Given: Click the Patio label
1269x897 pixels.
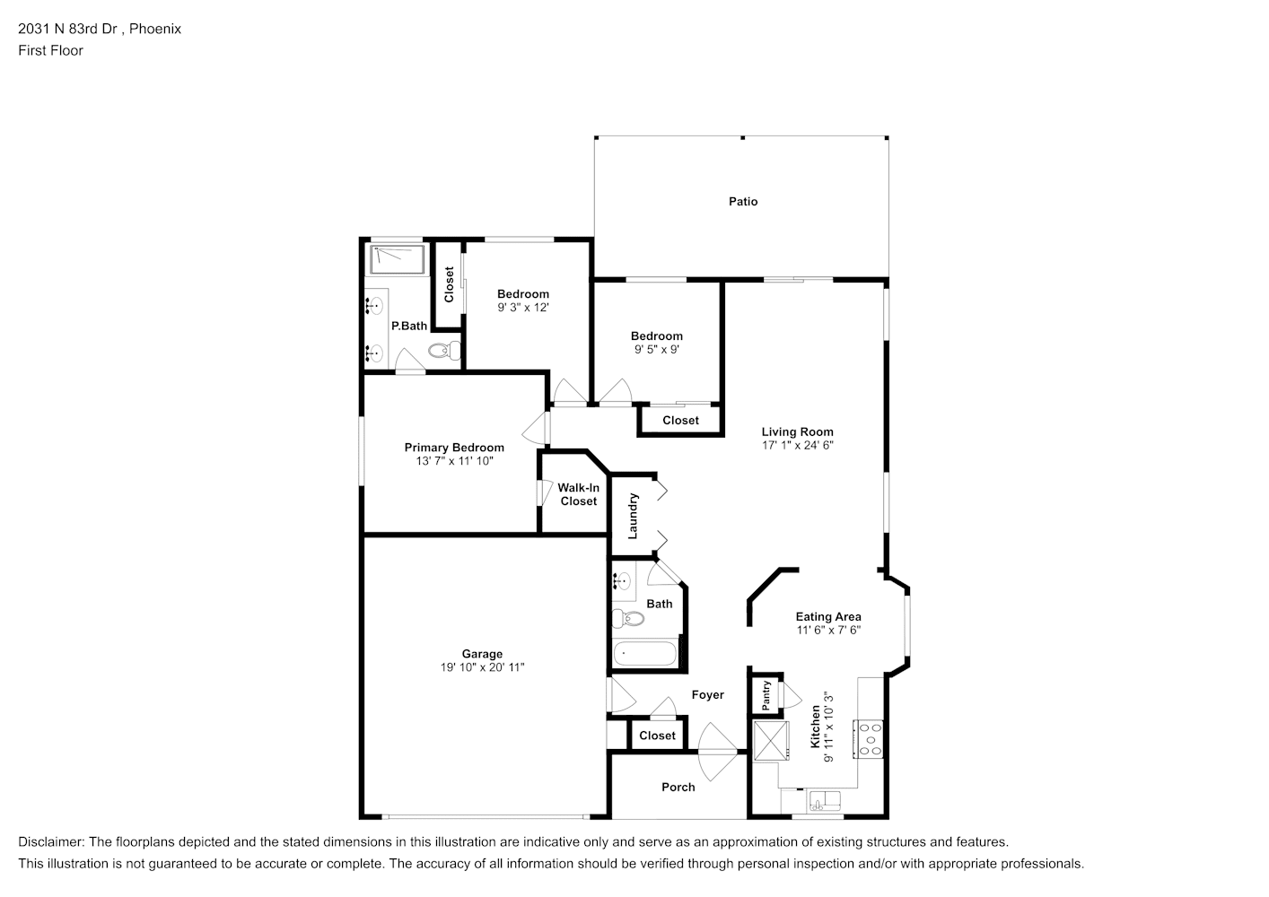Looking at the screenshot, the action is (x=743, y=202).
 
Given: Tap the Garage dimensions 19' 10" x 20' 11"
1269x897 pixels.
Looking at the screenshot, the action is (x=482, y=667).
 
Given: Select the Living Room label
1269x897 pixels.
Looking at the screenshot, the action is (x=797, y=432).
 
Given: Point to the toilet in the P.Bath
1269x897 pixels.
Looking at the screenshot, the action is (x=444, y=351).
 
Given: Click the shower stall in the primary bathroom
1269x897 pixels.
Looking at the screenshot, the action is (x=398, y=259).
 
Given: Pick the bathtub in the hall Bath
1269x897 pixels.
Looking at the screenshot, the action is (x=645, y=654).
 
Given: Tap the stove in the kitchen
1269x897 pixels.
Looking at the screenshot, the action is (x=869, y=738).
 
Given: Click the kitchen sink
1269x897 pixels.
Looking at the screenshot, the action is (x=824, y=801).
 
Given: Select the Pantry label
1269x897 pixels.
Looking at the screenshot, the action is (x=766, y=695).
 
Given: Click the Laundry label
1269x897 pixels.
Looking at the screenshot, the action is (x=633, y=516).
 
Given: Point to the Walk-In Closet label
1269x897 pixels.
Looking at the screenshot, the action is (x=579, y=494).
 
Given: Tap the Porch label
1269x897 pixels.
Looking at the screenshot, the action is (x=678, y=788).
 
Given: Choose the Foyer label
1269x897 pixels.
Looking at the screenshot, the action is (x=707, y=695).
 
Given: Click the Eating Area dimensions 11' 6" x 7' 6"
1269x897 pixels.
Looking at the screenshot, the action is (x=828, y=630).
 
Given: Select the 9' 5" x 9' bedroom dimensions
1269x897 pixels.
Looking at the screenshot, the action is (x=657, y=350).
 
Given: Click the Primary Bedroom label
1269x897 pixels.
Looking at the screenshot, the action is (x=454, y=448).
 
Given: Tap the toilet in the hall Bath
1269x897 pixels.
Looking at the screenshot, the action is (x=628, y=618).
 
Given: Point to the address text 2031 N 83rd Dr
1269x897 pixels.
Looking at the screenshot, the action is (x=67, y=29).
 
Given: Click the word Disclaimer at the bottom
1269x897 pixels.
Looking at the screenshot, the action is (x=50, y=842).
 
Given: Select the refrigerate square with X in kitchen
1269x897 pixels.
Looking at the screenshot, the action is (x=770, y=740).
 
